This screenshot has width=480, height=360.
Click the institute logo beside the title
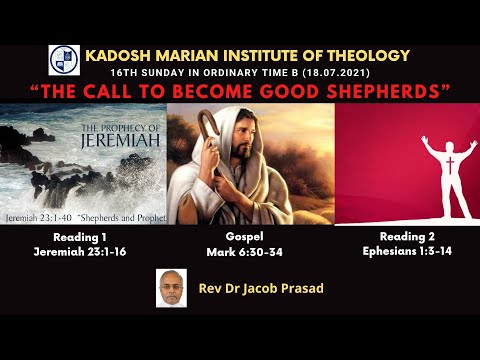[64, 60]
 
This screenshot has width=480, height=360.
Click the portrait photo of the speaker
[172, 288]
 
